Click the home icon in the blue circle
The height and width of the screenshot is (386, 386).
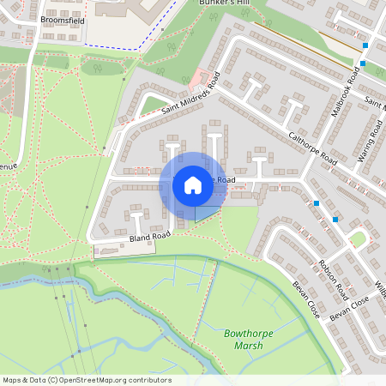[x=193, y=185]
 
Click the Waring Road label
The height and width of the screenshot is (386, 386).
[x=370, y=142]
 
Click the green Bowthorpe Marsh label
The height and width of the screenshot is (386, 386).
[x=243, y=339]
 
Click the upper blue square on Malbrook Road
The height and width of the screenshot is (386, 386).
[x=365, y=45]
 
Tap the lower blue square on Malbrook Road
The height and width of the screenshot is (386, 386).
[x=363, y=63]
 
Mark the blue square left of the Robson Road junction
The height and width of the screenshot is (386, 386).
[x=317, y=203]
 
